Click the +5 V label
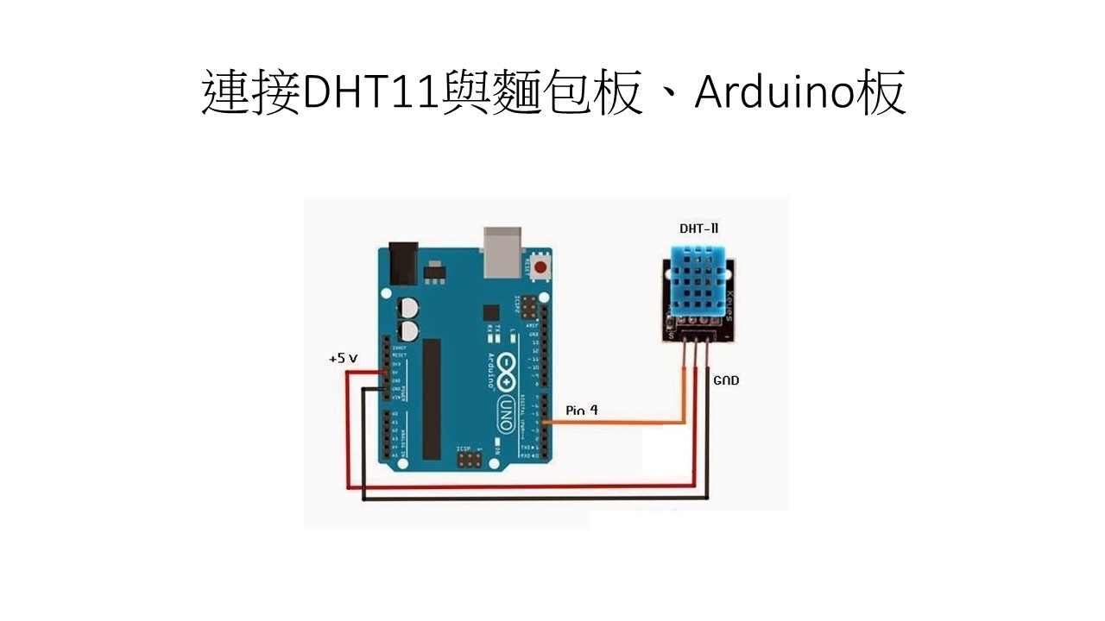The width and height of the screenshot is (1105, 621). click(x=344, y=357)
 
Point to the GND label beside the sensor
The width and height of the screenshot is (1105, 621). click(x=726, y=379)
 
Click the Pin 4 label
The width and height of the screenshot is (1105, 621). click(x=582, y=411)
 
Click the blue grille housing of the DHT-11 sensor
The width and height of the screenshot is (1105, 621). click(x=698, y=277)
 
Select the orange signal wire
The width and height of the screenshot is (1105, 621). click(x=622, y=423)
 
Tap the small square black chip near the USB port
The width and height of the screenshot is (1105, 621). click(x=491, y=311)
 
